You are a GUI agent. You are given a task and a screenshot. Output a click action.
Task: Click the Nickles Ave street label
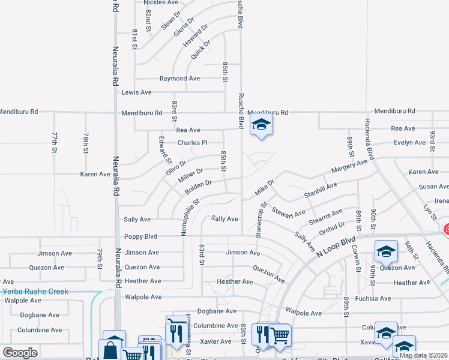point(161,2)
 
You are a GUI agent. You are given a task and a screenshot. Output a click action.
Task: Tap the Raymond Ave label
point(179,79)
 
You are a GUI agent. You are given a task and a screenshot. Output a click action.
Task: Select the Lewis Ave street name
point(137,92)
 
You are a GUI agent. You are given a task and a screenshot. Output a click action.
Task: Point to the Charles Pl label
point(192,143)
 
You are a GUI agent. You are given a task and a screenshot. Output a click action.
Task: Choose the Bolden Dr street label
point(199,187)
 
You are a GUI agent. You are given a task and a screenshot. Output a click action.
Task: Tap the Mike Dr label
point(264,187)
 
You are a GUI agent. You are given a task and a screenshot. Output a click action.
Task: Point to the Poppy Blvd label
point(140,236)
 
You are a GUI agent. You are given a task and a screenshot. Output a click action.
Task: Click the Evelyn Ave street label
point(409,143)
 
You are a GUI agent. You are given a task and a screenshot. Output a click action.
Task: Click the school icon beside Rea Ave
point(261,125)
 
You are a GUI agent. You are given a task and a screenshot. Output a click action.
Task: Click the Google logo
point(20,353)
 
